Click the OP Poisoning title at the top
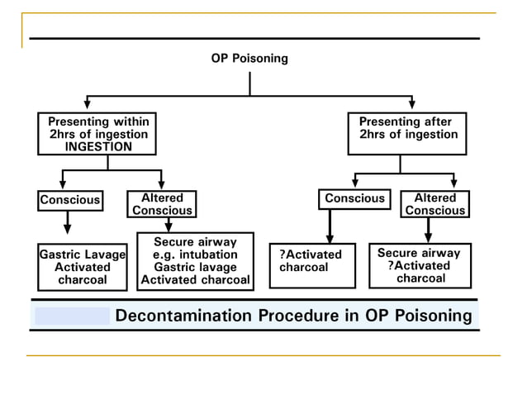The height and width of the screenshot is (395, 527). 249,59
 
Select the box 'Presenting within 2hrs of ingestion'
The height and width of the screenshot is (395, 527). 97,134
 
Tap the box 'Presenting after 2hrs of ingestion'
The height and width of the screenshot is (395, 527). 407,134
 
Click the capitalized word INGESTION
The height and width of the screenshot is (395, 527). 98,146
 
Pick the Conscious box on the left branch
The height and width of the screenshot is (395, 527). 70,200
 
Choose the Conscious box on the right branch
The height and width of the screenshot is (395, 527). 354,199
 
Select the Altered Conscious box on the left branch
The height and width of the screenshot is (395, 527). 162,204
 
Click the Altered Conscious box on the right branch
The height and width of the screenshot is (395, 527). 434,204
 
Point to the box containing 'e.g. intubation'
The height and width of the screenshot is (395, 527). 195,261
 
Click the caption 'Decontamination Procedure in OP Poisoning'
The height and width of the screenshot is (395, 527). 293,316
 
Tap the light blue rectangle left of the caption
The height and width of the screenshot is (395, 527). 72,316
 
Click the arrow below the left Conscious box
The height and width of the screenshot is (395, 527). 68,223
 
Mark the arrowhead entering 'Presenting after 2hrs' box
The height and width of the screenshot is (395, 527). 411,104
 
